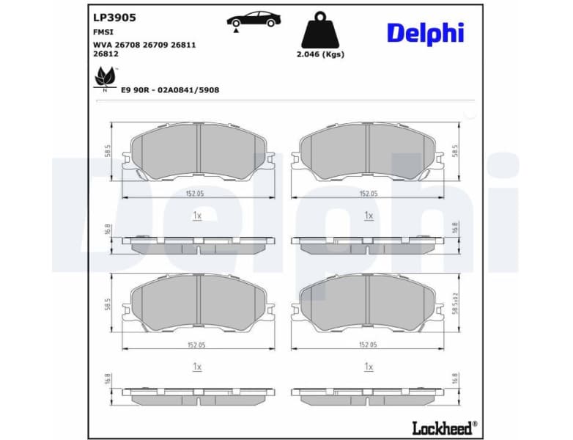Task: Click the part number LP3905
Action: tap(115, 16)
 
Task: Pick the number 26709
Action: tap(157, 45)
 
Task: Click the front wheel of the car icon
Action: tap(270, 23)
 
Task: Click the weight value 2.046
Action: tap(310, 54)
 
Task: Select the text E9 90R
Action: tap(136, 89)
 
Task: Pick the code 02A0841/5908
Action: tap(188, 89)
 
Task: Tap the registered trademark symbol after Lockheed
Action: tap(475, 422)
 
